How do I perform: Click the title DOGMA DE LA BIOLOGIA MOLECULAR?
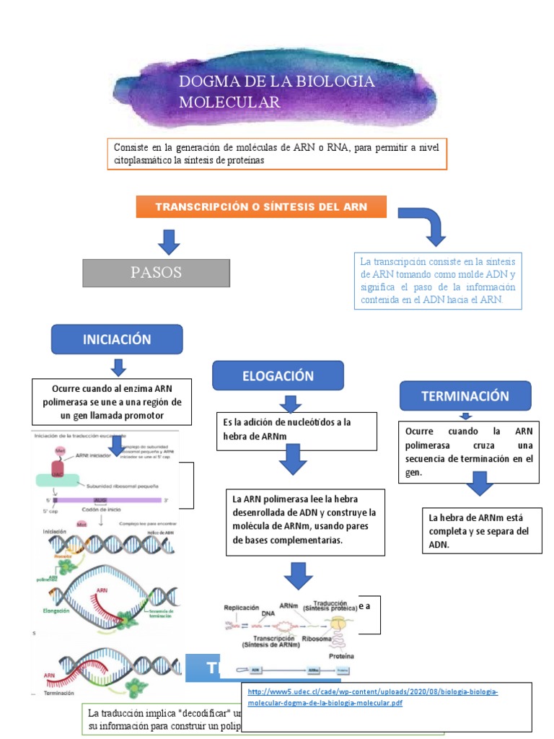277,92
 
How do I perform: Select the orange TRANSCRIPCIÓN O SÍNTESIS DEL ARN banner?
261,207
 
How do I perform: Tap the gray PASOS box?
157,273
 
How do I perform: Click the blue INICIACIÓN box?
117,339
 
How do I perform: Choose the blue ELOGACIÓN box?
278,376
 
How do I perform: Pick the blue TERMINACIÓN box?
465,395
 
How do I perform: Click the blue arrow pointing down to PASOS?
169,242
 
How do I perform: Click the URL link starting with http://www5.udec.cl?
373,697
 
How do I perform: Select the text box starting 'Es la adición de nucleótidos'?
297,430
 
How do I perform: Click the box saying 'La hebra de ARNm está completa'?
482,530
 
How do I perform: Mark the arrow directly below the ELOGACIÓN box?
289,403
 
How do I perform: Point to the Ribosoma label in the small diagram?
320,639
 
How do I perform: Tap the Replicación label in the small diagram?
241,608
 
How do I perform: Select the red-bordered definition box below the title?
277,154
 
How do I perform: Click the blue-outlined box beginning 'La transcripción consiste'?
439,281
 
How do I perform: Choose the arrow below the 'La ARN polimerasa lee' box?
298,575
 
